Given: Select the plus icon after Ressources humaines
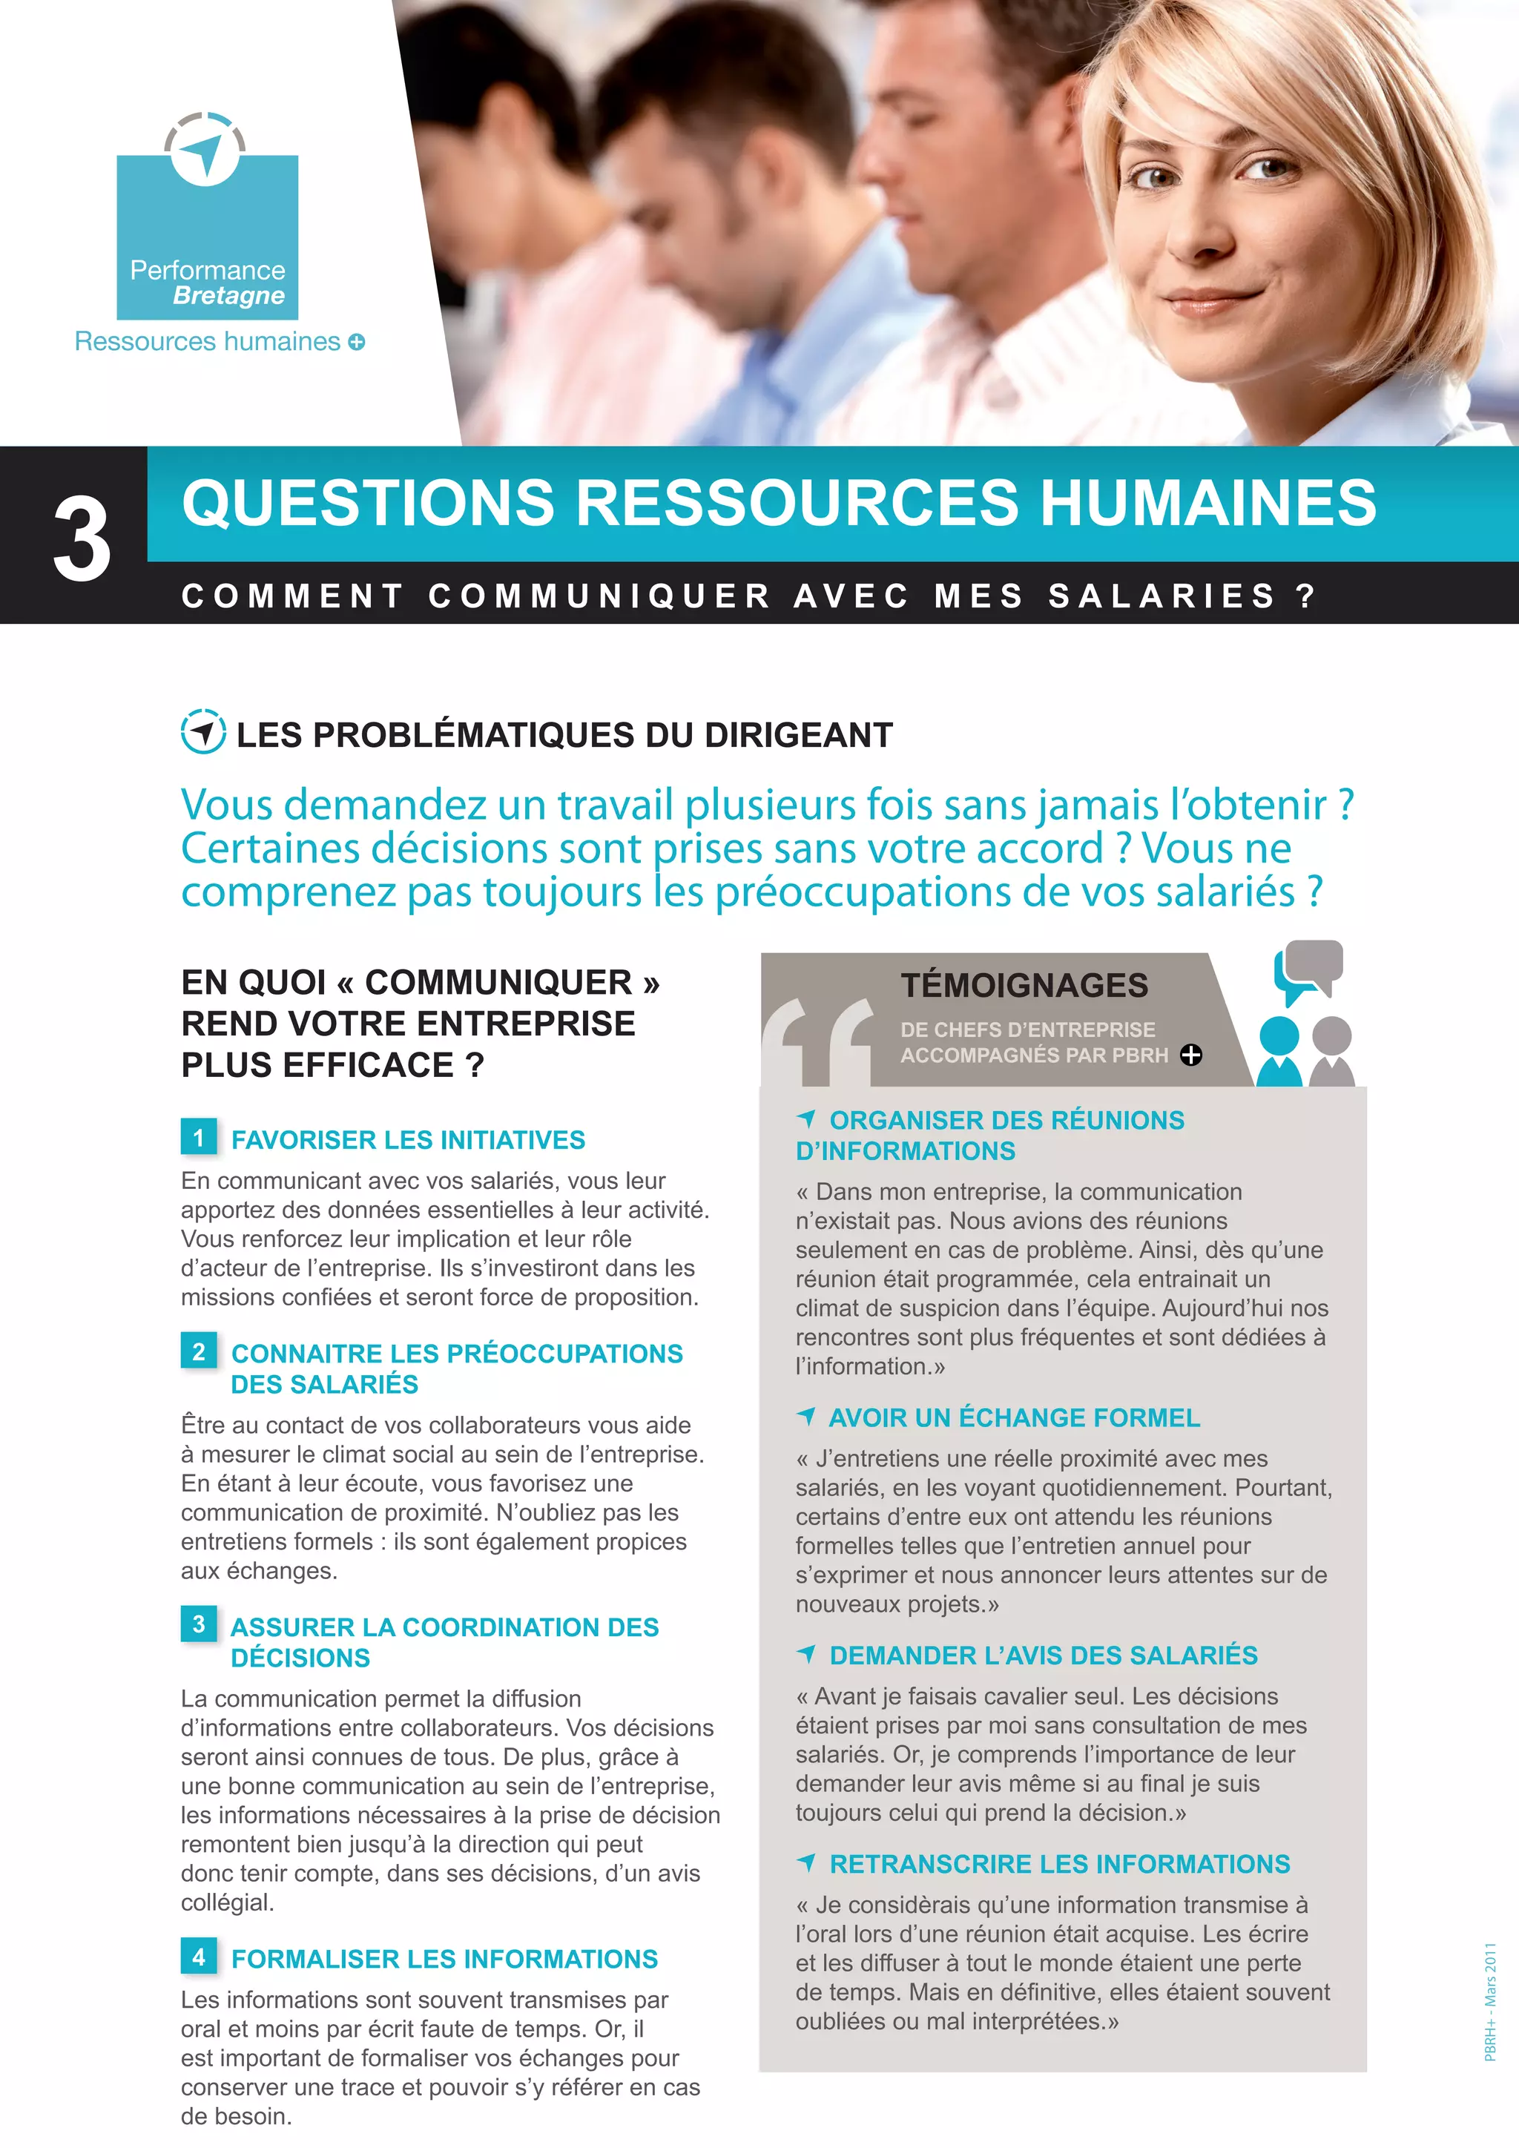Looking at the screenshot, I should (356, 343).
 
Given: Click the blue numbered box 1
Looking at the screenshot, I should (198, 1138).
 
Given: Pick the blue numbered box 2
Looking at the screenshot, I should (198, 1351).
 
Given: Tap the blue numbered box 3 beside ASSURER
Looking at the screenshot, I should (198, 1624).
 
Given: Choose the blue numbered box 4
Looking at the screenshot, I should (198, 1956).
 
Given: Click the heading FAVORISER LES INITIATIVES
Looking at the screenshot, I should (408, 1139).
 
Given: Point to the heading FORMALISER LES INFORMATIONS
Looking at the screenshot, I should (444, 1958).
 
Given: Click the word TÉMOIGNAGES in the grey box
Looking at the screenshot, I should (1024, 985).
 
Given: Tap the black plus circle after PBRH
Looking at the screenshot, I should (1190, 1055).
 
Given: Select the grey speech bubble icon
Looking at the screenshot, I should (1315, 963).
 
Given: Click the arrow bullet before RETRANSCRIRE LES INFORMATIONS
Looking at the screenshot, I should (806, 1862).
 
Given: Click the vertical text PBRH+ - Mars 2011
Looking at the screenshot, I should (1490, 2001).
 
